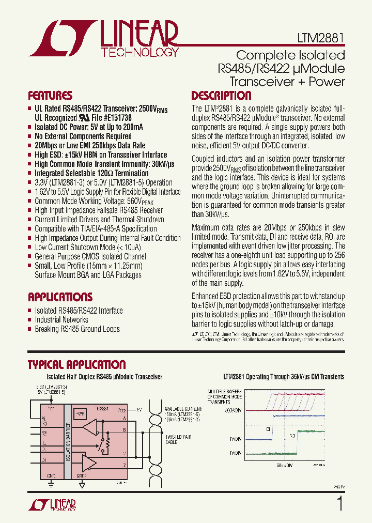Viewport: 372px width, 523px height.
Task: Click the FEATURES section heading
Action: (x=50, y=96)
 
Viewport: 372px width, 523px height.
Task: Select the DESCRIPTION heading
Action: (x=221, y=96)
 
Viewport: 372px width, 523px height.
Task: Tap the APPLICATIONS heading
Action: (x=60, y=297)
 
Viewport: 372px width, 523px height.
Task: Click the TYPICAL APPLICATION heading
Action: (x=76, y=365)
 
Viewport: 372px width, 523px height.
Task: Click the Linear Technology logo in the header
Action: (x=103, y=39)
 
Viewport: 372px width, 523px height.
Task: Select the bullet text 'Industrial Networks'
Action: (x=61, y=320)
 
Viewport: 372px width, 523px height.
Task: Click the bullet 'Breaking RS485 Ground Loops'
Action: (x=77, y=329)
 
